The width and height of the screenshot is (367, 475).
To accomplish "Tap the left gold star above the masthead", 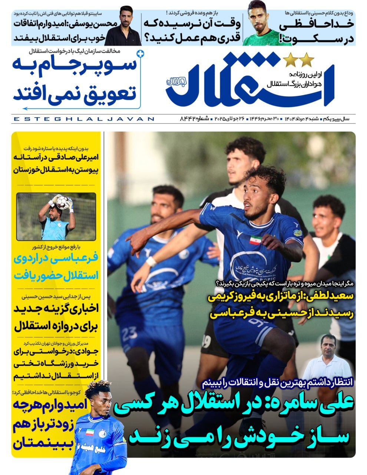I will [290, 59].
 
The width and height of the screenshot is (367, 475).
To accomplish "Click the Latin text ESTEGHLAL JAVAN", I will [83, 119].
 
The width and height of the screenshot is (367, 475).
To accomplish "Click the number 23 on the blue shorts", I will [129, 333].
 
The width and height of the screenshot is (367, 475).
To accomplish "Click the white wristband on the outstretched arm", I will [151, 261].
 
